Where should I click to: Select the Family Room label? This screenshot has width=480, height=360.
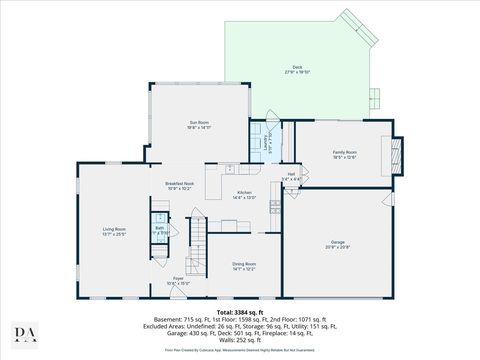(344, 153)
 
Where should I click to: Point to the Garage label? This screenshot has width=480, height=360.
(338, 244)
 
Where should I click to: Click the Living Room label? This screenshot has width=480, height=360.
(113, 232)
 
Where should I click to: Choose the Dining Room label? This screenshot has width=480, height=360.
(244, 265)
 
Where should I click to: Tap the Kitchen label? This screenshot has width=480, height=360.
(244, 195)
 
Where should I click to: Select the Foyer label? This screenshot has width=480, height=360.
(178, 281)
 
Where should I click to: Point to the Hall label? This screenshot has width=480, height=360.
(291, 176)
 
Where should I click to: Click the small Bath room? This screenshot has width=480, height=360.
(159, 229)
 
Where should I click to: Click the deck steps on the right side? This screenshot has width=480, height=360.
(374, 98)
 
